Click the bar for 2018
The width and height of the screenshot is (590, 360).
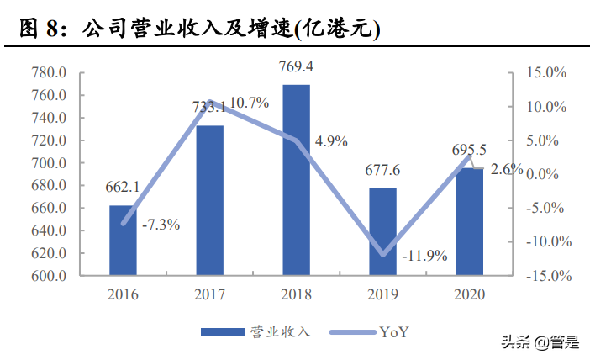coord(296,180)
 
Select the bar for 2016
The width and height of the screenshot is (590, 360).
coord(122,241)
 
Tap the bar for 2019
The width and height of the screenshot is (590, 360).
coord(382,231)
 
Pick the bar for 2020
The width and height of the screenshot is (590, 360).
coord(470,222)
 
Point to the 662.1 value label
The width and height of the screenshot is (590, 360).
coord(122,186)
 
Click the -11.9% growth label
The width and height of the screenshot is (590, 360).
coord(425,256)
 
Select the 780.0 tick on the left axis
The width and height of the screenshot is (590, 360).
coord(48,73)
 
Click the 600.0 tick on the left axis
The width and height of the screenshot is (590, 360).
coord(48,276)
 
